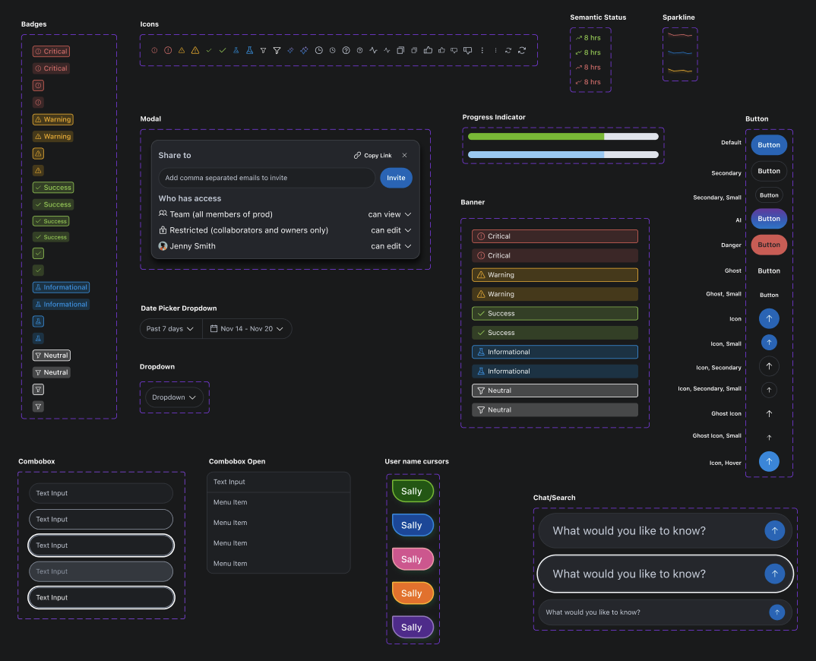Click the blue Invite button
(396, 178)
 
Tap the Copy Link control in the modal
(372, 155)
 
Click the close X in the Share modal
(404, 155)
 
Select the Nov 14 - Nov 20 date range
(247, 328)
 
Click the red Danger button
(769, 245)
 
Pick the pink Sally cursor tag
(413, 559)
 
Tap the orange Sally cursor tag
(413, 593)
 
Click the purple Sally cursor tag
(413, 627)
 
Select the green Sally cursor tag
(413, 491)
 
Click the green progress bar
(536, 136)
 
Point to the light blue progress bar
(536, 154)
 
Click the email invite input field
(267, 178)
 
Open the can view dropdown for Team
(390, 214)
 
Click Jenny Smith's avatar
(163, 245)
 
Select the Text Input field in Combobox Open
(278, 482)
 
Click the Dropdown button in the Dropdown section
(174, 397)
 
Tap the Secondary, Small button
(769, 195)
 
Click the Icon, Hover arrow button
(769, 461)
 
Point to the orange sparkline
(680, 70)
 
